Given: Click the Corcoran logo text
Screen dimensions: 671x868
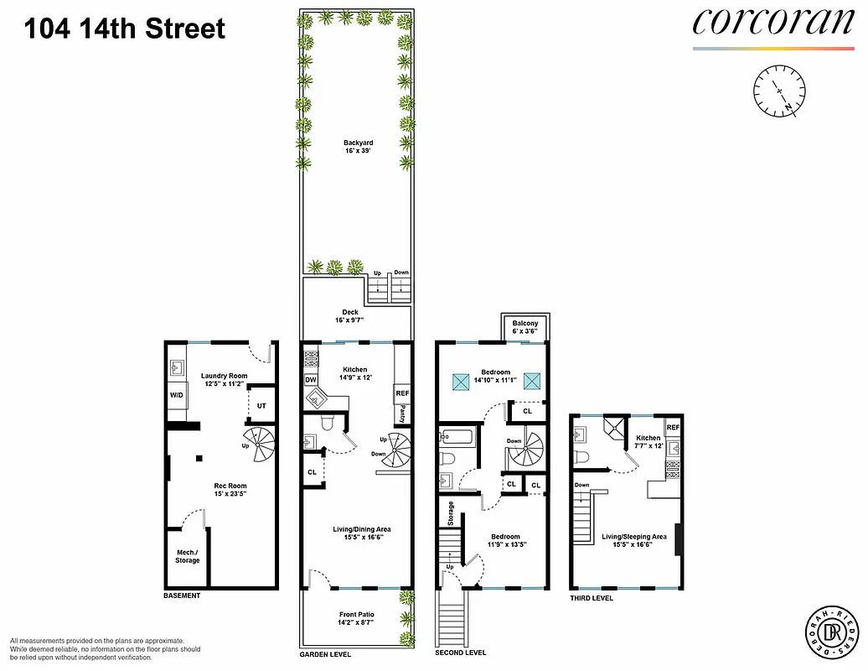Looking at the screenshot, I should pos(772,22).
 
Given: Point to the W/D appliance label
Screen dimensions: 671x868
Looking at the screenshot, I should pos(177,394).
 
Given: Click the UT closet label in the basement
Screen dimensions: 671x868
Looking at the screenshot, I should pos(261,406).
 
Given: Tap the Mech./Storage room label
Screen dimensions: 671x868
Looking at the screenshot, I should pos(187,556).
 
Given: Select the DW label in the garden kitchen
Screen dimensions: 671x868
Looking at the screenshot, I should pos(311,380).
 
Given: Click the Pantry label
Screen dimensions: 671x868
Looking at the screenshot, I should pos(403,414).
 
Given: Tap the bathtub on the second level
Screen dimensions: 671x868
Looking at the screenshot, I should pos(457,436).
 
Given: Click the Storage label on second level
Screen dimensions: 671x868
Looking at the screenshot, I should pos(451,514).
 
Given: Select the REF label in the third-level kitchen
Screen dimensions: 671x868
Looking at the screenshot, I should pos(673,428).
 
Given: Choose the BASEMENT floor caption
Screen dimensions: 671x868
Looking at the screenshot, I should pos(182,596).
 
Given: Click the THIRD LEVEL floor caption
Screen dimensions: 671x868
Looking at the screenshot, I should pos(591,598).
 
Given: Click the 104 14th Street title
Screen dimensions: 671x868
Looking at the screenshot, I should pos(125,29).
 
